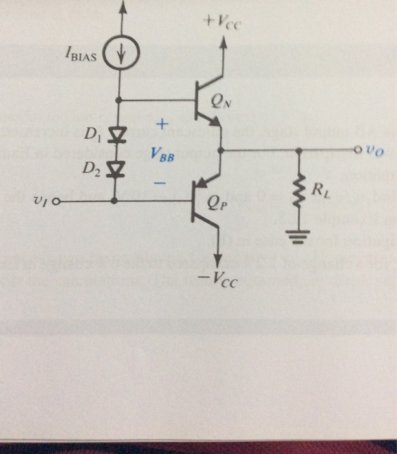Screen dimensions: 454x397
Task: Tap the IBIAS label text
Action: pyautogui.click(x=82, y=56)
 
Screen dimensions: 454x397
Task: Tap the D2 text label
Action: pyautogui.click(x=90, y=171)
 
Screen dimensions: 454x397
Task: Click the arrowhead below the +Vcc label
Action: pyautogui.click(x=223, y=43)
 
